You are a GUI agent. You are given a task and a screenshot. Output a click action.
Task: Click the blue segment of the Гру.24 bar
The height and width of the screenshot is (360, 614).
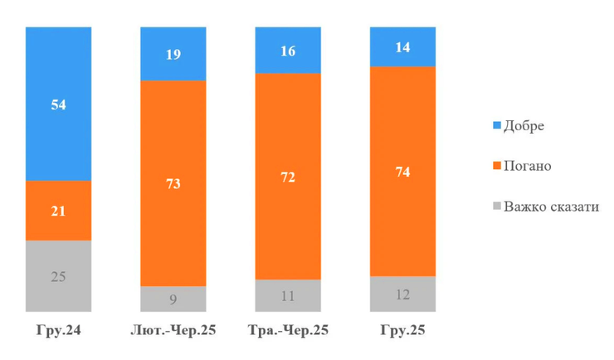tap(58, 104)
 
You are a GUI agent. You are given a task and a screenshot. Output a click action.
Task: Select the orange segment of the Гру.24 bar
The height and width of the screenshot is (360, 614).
tap(58, 211)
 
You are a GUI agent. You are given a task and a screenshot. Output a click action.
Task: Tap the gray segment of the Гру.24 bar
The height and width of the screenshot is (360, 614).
tap(58, 276)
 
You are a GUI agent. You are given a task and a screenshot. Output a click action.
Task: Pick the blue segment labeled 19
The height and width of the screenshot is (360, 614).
tap(173, 54)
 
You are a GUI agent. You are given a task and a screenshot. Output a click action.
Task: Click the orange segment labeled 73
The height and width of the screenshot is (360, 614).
tap(173, 183)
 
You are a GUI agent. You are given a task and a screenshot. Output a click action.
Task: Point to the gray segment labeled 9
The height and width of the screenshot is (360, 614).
tap(173, 299)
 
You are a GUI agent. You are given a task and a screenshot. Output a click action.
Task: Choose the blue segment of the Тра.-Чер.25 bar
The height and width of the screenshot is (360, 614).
tap(288, 50)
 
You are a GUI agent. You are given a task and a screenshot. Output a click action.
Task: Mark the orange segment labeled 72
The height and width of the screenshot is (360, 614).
tap(288, 177)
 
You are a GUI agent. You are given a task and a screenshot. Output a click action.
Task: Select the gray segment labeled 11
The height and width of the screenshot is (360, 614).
tap(288, 295)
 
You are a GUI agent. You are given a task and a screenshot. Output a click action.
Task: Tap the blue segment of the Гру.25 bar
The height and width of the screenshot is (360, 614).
tap(402, 46)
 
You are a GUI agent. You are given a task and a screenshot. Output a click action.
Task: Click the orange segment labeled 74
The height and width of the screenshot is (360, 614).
tap(402, 172)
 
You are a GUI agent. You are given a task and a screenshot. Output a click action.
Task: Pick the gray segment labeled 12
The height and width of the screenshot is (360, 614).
tap(402, 294)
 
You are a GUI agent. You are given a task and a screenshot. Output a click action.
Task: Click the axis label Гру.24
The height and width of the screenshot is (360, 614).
tap(58, 330)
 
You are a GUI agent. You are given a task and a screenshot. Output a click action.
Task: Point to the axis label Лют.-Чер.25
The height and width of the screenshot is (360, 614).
tap(173, 330)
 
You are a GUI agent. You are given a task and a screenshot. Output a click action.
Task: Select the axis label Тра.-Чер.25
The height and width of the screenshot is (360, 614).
tap(288, 330)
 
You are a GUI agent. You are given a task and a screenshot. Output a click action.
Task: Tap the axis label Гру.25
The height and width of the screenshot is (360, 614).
tap(402, 330)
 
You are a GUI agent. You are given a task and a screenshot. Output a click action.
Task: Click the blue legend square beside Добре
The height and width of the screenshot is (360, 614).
tap(497, 125)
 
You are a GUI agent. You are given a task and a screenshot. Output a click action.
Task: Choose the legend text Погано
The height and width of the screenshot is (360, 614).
tap(528, 166)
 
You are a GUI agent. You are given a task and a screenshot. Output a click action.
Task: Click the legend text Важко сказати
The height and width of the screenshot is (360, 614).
tap(551, 207)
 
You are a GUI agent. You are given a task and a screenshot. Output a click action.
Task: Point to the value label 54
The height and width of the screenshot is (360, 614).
tap(58, 105)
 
